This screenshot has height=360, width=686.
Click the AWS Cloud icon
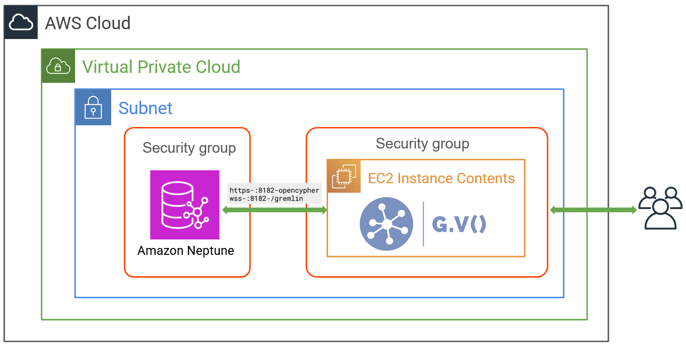[x=21, y=22]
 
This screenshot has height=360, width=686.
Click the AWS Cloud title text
[x=88, y=23]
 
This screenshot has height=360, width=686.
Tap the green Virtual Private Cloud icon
[x=58, y=66]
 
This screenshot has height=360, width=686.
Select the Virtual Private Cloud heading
[x=161, y=67]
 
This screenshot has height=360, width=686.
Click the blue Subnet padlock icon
[x=93, y=107]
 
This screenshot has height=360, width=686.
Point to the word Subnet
[x=145, y=108]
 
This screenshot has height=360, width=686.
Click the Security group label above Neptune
[x=189, y=148]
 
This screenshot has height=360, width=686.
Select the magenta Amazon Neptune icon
[x=185, y=205]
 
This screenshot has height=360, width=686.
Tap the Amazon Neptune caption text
[x=185, y=251]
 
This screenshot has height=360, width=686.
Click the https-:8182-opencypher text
[x=274, y=190]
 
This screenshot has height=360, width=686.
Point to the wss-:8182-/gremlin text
[x=266, y=199]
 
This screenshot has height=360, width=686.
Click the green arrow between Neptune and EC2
[x=275, y=210]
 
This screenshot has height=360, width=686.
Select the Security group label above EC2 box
[x=422, y=143]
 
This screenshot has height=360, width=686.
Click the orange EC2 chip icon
[x=344, y=176]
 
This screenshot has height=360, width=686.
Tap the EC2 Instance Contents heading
[x=441, y=178]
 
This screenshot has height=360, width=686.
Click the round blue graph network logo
[x=386, y=224]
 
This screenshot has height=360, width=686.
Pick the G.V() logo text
[x=458, y=224]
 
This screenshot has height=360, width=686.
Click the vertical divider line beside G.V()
[x=423, y=224]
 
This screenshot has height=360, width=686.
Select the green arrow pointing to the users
[x=593, y=210]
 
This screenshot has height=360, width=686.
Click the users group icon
[x=660, y=208]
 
